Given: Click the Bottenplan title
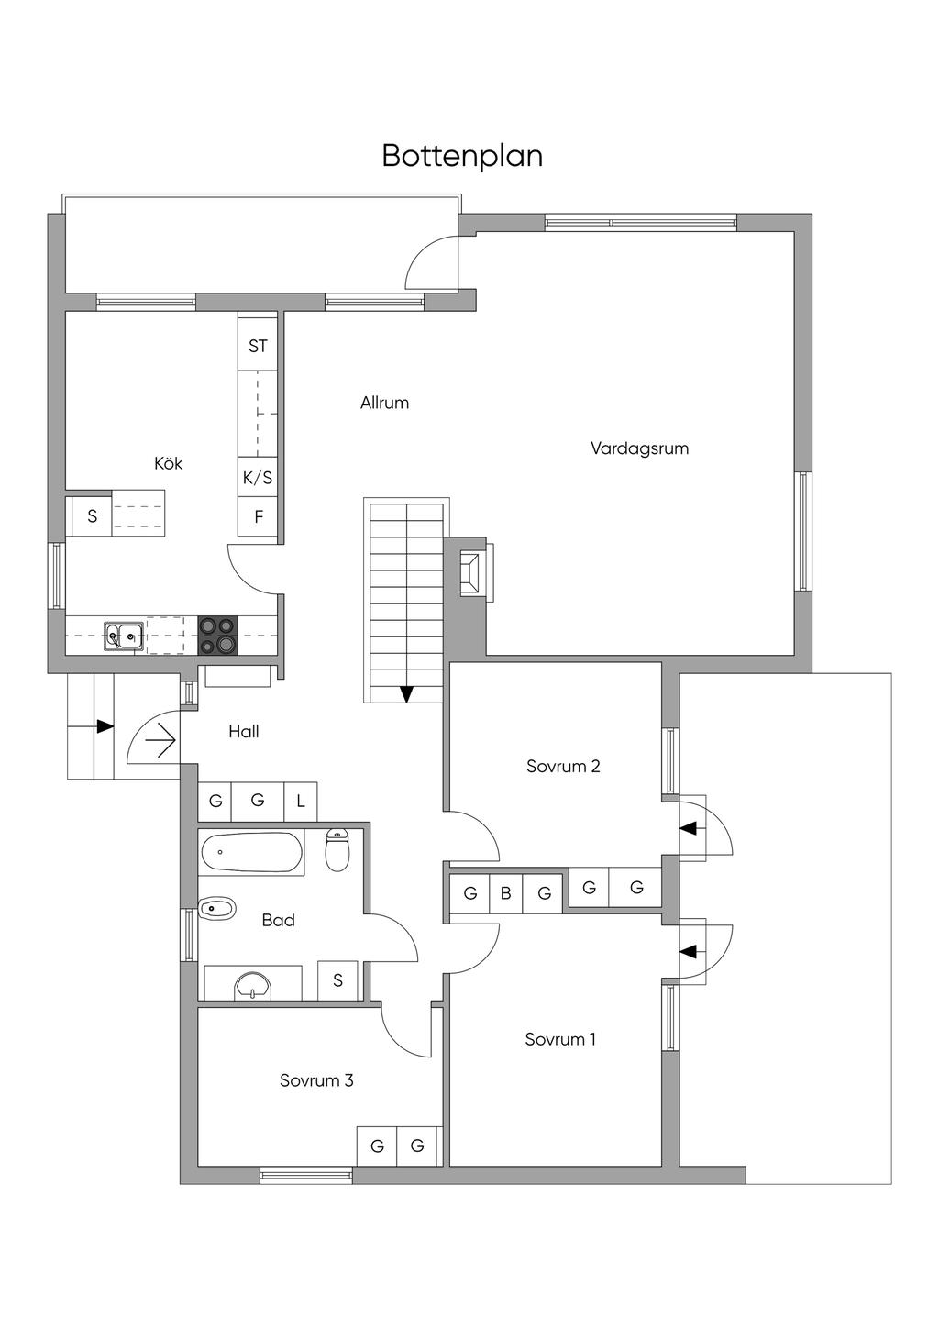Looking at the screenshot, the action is tap(462, 156).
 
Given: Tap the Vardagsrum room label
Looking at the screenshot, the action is tap(640, 448).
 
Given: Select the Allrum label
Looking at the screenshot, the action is tap(385, 404).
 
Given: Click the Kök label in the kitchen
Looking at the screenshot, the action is tap(169, 463).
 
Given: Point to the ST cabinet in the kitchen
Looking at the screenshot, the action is tap(258, 346).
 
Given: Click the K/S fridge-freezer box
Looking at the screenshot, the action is tap(258, 477).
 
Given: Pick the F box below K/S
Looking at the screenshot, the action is tap(258, 517).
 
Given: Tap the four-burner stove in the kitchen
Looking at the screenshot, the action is tap(217, 636).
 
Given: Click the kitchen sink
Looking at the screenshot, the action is tap(123, 636).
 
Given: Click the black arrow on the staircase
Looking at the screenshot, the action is tap(406, 693).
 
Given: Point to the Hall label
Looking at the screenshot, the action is tap(244, 732).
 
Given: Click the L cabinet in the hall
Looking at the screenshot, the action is tap(301, 802).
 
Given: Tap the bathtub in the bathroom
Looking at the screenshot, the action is tap(251, 853).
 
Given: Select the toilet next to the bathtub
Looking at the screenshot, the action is tap(337, 850).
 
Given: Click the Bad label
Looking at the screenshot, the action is tap(279, 920).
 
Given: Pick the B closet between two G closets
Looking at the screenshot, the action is tap(505, 893).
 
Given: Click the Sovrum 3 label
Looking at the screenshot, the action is tap(316, 1080).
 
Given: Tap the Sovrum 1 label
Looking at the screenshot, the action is tap(560, 1039).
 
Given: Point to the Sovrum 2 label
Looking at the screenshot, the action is tap(563, 766).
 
